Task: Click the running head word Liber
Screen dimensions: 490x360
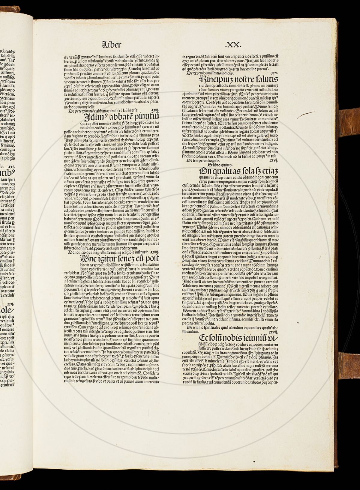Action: pyautogui.click(x=112, y=45)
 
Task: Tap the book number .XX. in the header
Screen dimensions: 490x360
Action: pyautogui.click(x=233, y=45)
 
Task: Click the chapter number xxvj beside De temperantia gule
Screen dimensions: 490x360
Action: pyautogui.click(x=274, y=160)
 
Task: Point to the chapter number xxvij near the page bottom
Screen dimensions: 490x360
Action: pyautogui.click(x=273, y=332)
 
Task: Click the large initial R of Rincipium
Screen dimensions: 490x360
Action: pyautogui.click(x=203, y=80)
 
